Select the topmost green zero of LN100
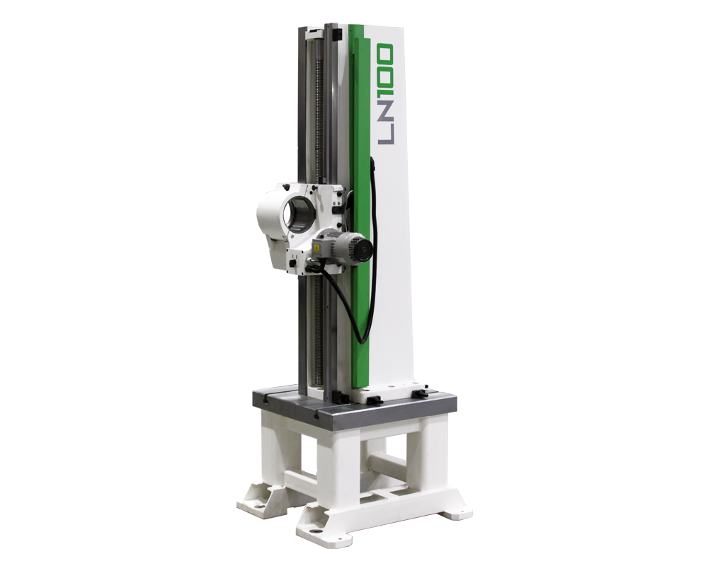pos(386,53)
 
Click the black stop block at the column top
pos(336,34)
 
